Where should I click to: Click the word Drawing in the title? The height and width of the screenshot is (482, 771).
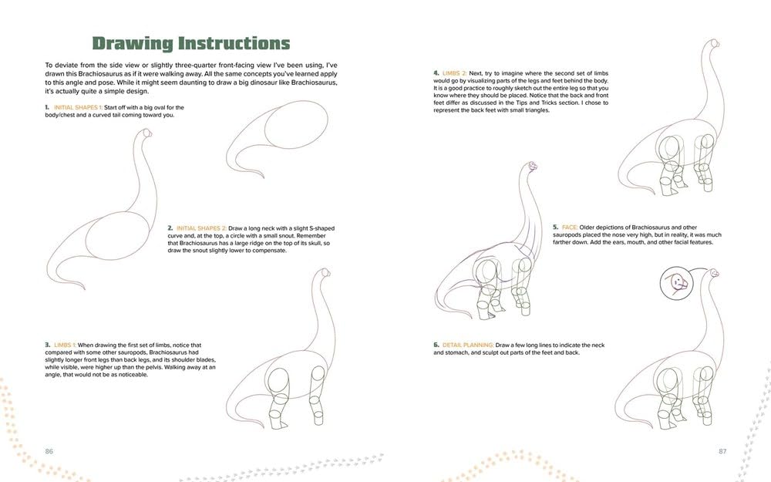(131, 43)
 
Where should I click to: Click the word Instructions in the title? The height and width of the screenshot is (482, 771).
(232, 43)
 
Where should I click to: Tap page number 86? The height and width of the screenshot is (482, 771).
(50, 450)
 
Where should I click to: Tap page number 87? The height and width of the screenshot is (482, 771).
(722, 450)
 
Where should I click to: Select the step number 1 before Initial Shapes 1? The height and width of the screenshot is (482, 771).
(47, 107)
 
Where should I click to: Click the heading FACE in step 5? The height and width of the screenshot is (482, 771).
(570, 228)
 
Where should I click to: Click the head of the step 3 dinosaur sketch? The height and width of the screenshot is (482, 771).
(325, 274)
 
